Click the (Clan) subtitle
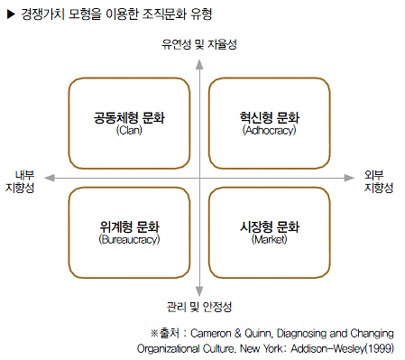(130, 131)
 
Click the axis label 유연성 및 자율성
(199, 44)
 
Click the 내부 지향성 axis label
(20, 180)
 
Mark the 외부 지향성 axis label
(377, 180)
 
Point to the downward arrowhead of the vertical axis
(200, 291)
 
